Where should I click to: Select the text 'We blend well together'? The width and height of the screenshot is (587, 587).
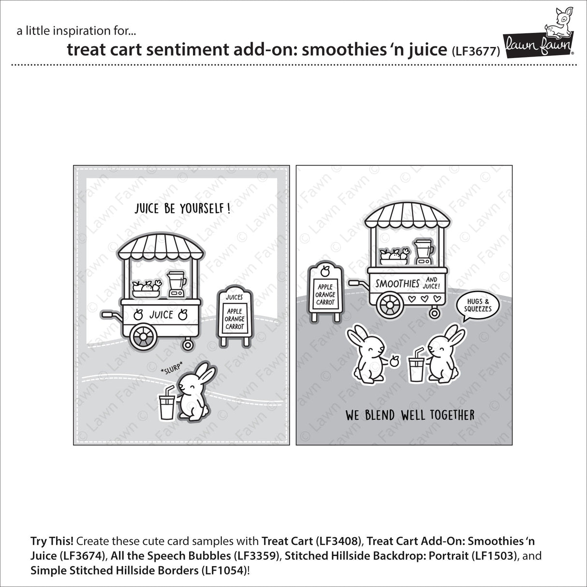pos(410,415)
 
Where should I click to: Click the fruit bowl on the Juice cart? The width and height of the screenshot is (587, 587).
pos(146,288)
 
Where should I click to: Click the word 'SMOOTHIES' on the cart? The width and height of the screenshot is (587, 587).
pos(398,283)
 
